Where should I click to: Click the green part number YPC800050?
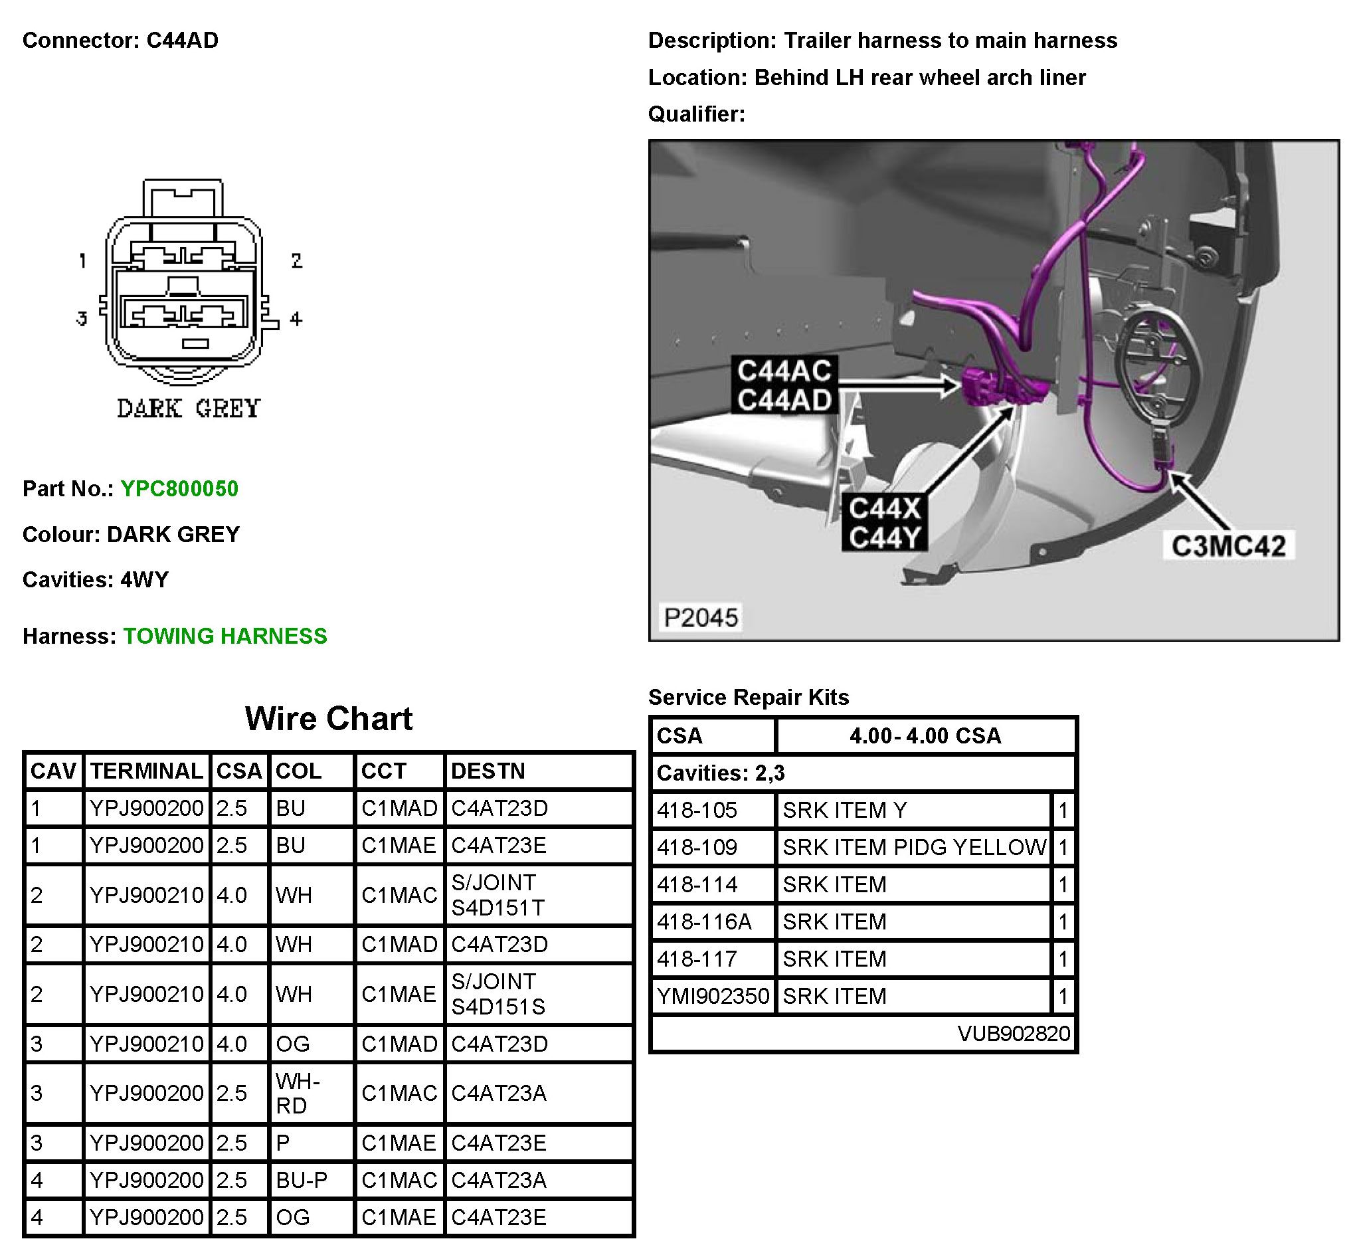(179, 489)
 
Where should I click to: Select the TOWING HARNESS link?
(225, 636)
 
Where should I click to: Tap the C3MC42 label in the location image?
(1228, 546)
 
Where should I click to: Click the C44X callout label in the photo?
(885, 509)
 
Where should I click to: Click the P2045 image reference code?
(701, 617)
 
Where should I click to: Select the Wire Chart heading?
(328, 718)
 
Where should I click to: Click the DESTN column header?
(488, 771)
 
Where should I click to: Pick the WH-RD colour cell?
(298, 1094)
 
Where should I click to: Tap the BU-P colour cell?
(302, 1180)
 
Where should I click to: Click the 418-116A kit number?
(704, 922)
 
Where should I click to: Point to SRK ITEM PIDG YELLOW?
(914, 848)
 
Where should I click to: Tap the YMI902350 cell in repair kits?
(713, 997)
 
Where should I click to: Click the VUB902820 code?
(1013, 1033)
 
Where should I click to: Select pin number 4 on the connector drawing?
(296, 319)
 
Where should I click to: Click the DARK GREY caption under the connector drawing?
(189, 408)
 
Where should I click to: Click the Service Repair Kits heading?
(748, 697)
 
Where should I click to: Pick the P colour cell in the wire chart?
(283, 1143)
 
